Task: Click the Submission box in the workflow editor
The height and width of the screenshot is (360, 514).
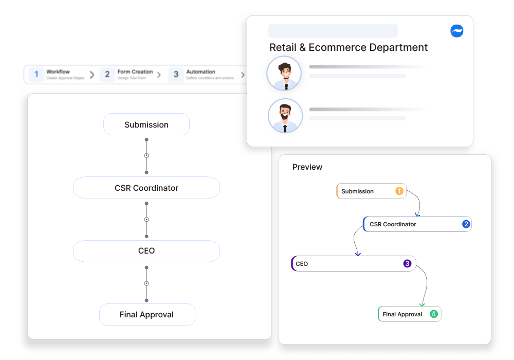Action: (x=146, y=124)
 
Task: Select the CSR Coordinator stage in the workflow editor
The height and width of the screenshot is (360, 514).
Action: (x=146, y=188)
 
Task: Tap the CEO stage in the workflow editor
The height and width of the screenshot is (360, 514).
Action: (x=146, y=251)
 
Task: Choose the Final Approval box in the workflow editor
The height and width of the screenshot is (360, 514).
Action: (x=147, y=314)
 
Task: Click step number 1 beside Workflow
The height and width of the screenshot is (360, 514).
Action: (x=36, y=75)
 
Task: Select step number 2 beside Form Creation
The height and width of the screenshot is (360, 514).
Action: (x=107, y=75)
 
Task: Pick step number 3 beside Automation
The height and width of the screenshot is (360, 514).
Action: (x=176, y=75)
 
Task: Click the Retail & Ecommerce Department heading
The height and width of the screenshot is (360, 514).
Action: (x=348, y=47)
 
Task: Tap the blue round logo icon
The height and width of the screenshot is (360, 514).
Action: (x=457, y=31)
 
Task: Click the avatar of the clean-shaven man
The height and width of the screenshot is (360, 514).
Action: (x=284, y=74)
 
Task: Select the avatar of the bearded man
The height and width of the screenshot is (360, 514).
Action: (x=285, y=116)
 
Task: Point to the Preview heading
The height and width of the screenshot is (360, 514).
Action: (x=307, y=167)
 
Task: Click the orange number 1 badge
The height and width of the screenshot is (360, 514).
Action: (x=399, y=191)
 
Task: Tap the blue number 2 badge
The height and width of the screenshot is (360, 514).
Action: (x=466, y=224)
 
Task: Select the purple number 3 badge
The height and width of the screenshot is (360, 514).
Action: (x=407, y=264)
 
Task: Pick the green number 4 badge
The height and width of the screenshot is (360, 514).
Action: (x=434, y=314)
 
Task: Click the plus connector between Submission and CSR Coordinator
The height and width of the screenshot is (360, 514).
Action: (x=146, y=156)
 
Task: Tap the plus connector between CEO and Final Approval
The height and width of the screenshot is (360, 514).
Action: (x=146, y=283)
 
